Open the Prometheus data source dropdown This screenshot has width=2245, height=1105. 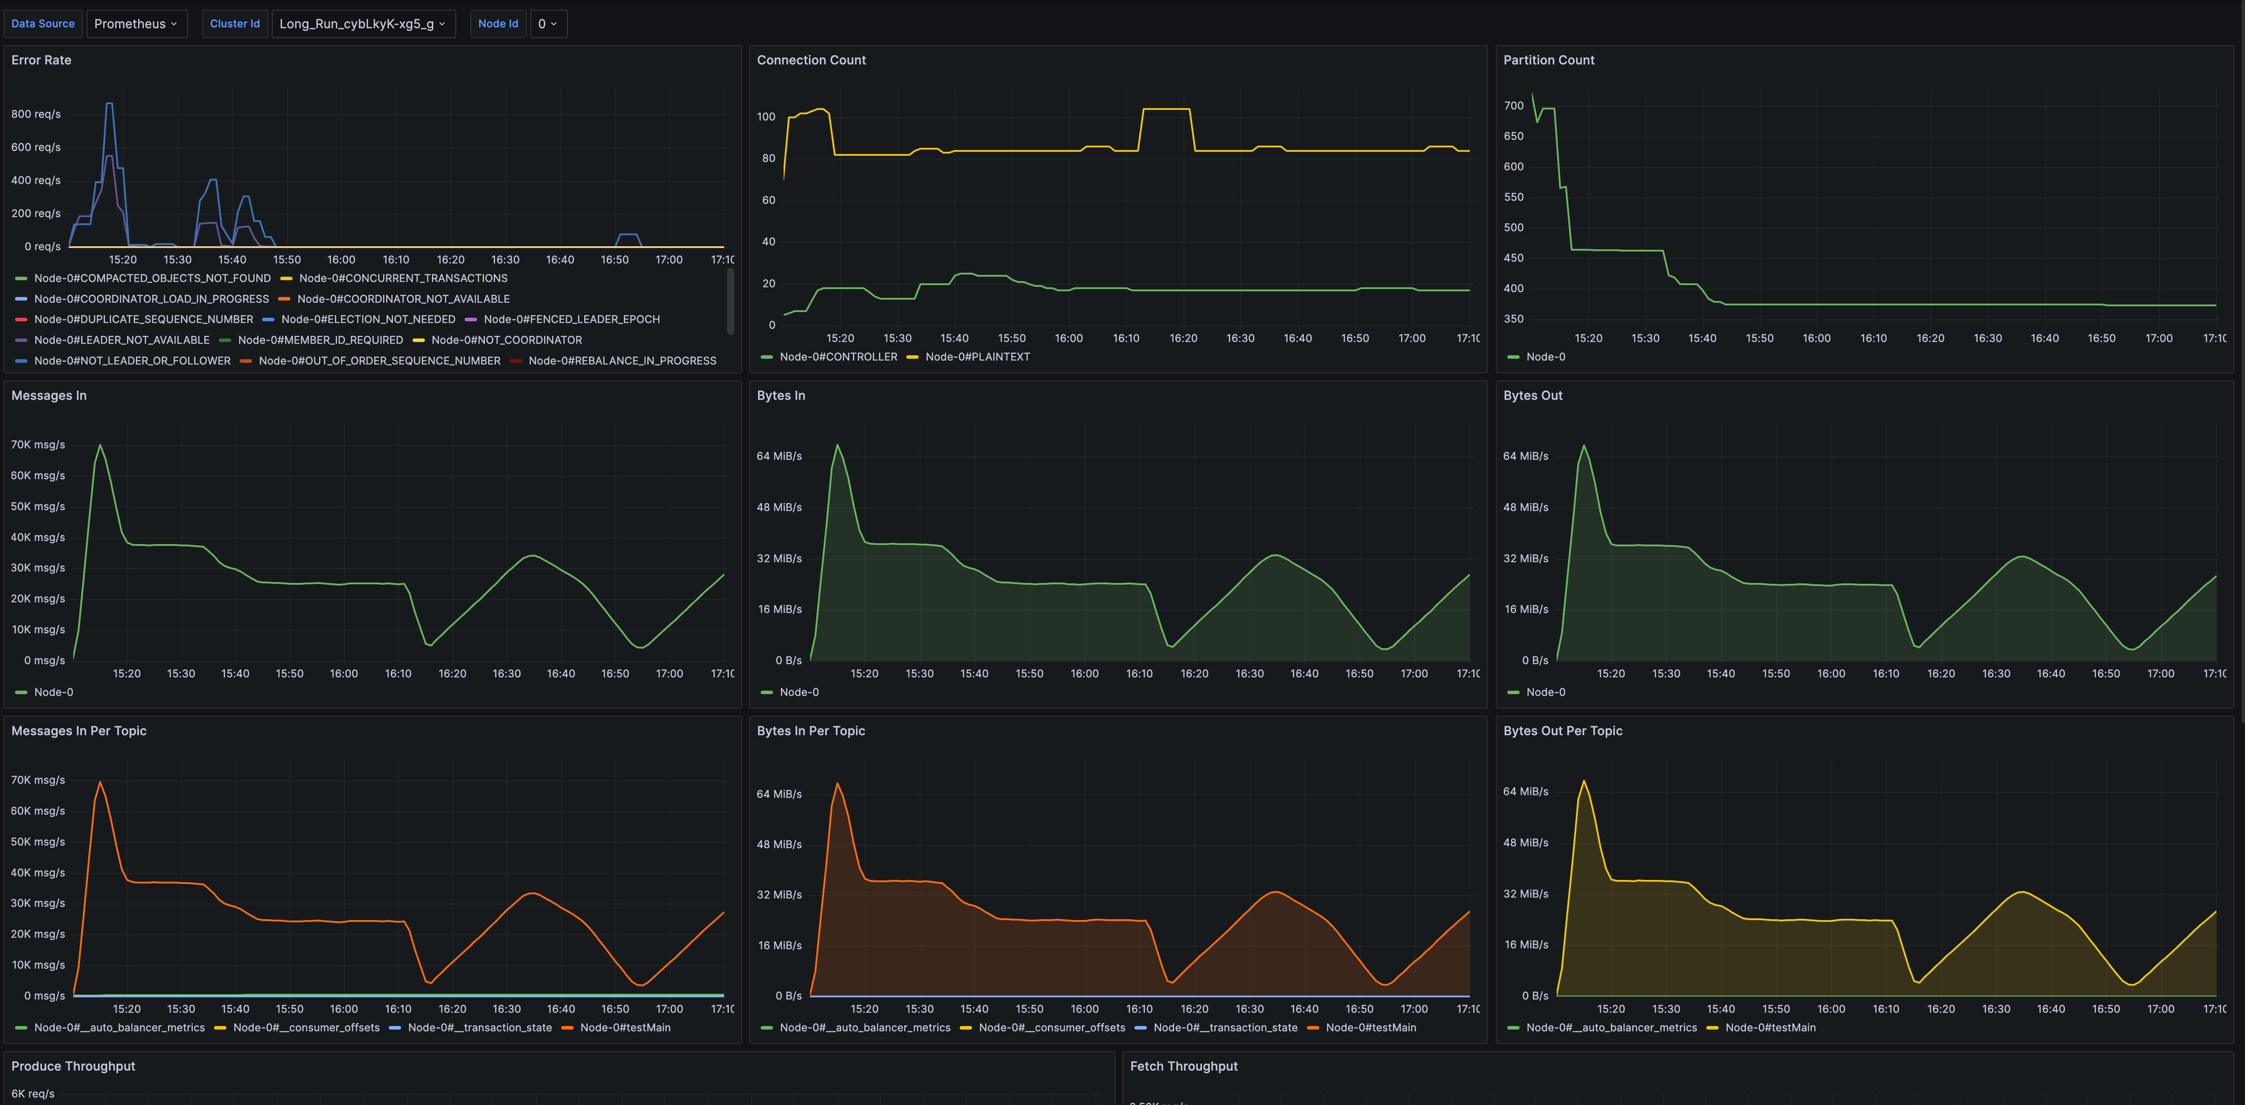[136, 23]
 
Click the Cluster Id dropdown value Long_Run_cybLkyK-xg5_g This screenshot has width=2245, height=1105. [363, 23]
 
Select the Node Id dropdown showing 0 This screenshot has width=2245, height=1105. [547, 23]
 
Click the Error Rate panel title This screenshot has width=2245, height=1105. [41, 60]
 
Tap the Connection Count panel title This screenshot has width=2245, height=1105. [811, 60]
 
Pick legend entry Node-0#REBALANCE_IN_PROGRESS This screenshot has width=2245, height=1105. [621, 361]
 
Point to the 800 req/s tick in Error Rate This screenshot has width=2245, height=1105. [36, 114]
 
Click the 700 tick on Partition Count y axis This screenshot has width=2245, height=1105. [1514, 105]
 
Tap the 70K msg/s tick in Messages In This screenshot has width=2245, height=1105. [38, 444]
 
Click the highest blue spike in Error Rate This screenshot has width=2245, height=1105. [109, 104]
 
